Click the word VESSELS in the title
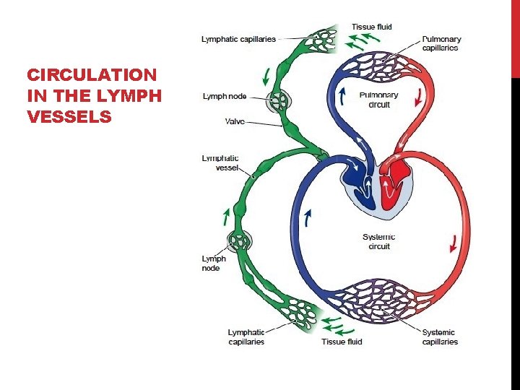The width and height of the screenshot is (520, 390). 69,115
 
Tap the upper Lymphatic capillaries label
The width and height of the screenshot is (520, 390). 238,39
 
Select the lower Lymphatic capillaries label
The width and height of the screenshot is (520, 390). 246,337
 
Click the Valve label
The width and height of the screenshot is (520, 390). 235,122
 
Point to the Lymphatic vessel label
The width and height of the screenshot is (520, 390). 220,163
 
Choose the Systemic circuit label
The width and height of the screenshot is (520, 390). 378,242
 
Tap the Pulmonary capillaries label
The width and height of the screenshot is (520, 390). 441,43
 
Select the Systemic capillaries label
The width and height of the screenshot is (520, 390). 440,337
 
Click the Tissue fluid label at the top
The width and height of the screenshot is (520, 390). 372,27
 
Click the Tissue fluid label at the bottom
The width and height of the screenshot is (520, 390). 342,341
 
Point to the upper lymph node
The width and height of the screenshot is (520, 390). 277,101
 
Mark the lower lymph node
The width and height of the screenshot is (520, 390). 239,241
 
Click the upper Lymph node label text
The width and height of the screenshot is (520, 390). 224,95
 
